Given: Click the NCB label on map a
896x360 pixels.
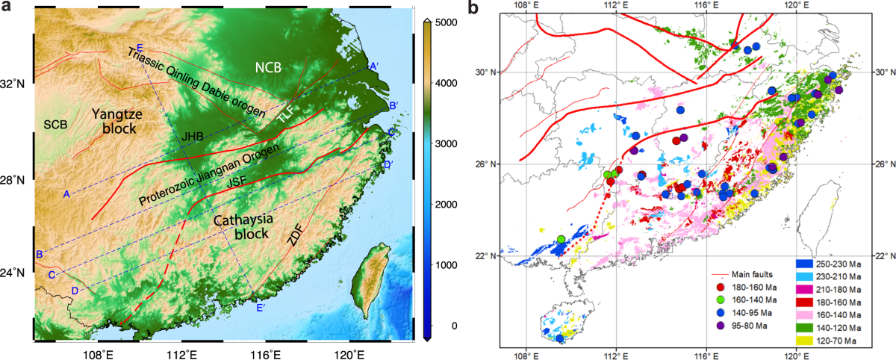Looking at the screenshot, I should tap(268, 67).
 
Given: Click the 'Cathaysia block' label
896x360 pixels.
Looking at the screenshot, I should tap(245, 227).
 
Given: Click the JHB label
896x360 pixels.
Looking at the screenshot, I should tap(193, 137).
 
